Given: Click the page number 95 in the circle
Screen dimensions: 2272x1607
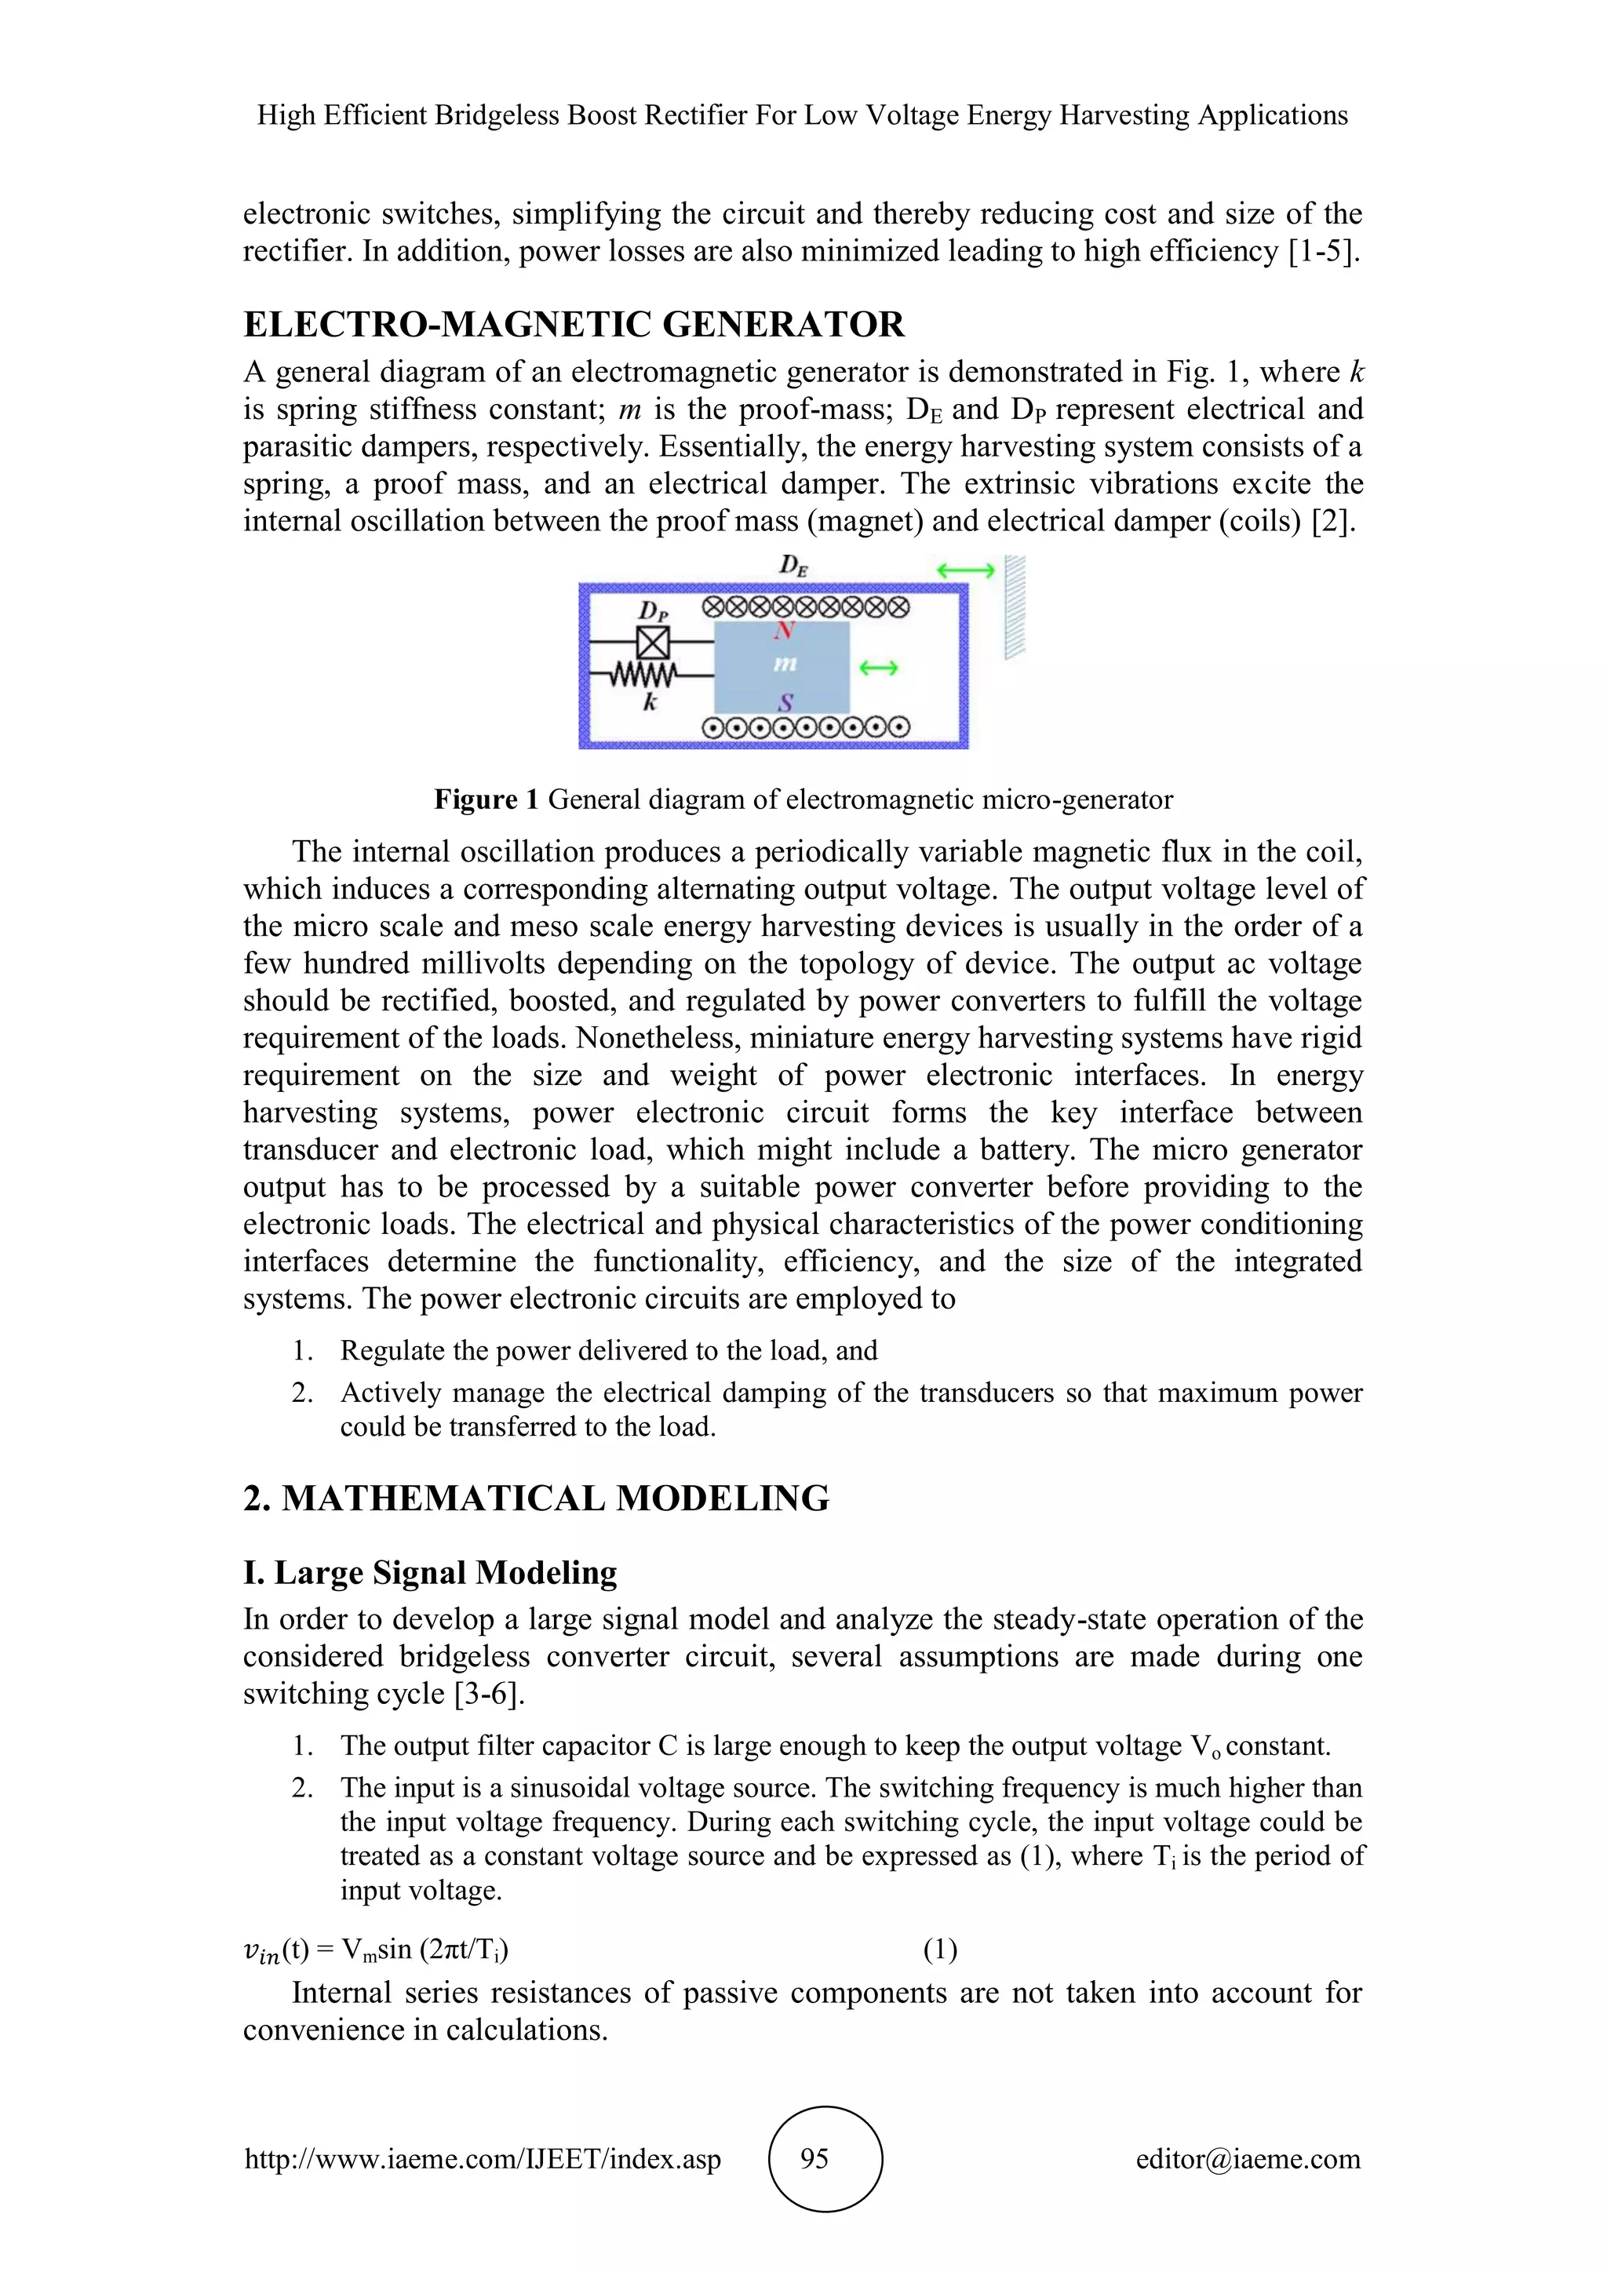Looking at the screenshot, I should [814, 2158].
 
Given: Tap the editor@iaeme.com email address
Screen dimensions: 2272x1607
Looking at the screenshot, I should [1248, 2158].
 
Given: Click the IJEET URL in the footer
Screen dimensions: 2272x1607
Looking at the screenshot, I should [483, 2158].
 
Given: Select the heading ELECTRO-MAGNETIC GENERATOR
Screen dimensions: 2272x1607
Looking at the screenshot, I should [574, 325].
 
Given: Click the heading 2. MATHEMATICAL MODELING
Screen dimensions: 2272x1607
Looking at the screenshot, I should [537, 1498].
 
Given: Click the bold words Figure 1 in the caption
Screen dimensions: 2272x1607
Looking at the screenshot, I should [486, 799].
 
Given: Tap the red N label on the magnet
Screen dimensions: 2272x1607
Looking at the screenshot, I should [784, 630].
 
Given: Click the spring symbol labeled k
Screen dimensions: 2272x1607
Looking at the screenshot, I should [643, 675].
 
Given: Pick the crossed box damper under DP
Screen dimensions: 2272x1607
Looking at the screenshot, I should [652, 643].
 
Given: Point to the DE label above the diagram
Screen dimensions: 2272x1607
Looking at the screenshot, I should [793, 566].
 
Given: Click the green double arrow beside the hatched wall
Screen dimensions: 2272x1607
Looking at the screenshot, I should [965, 571].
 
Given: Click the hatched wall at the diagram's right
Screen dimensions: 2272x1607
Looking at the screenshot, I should [1015, 606].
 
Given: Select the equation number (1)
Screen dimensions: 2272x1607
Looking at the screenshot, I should [939, 1950].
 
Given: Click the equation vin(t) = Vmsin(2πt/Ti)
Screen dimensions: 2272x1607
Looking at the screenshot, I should [376, 1950].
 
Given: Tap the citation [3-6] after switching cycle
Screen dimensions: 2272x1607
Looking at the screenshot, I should [489, 1694].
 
